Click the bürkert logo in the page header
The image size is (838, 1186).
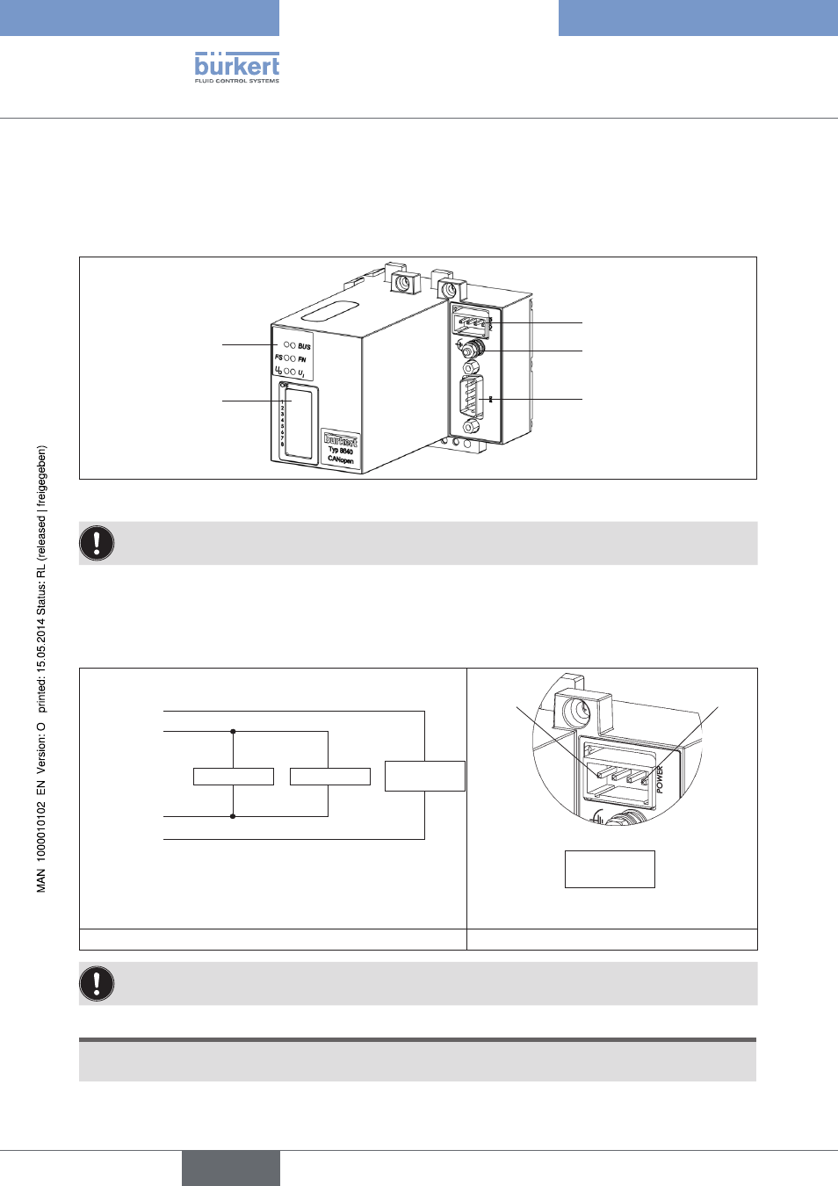(x=236, y=65)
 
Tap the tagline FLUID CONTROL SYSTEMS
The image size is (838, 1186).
(x=236, y=81)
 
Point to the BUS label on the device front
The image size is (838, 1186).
(x=304, y=346)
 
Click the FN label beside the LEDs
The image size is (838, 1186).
(x=302, y=359)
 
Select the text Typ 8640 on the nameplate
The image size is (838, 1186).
(x=341, y=450)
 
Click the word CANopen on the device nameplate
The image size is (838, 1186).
(x=341, y=459)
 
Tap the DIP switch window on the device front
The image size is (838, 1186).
(x=299, y=423)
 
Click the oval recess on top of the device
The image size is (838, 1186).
(x=329, y=311)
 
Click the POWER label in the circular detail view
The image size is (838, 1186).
(x=660, y=779)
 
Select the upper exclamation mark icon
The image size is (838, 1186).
(x=97, y=543)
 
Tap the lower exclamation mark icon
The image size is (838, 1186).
(x=97, y=983)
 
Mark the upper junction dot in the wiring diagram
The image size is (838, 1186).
(x=233, y=731)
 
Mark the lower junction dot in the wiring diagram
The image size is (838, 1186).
(x=233, y=816)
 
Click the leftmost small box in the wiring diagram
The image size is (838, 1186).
(x=234, y=777)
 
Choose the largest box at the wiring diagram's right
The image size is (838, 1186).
(x=424, y=776)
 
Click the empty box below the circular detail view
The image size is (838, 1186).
(x=610, y=869)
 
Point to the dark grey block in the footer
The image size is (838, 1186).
(x=231, y=1168)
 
